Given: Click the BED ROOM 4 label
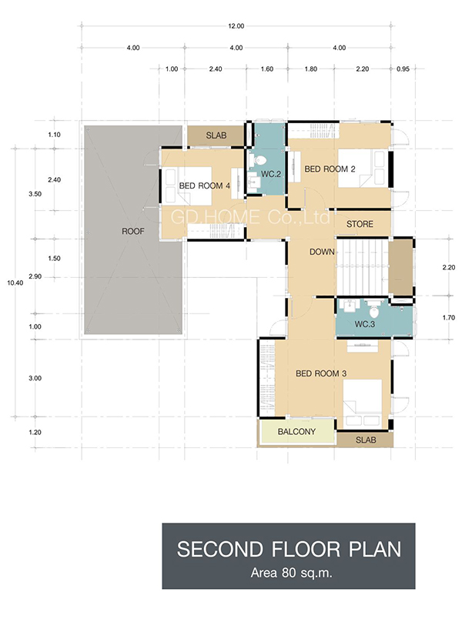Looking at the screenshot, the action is pyautogui.click(x=205, y=186).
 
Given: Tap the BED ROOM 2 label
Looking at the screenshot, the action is pyautogui.click(x=330, y=169).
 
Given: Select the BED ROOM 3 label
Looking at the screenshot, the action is pyautogui.click(x=321, y=373).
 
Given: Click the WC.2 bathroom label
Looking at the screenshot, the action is pyautogui.click(x=271, y=174).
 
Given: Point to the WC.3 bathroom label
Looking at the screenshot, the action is pyautogui.click(x=364, y=323).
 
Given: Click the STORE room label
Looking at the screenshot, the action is pyautogui.click(x=360, y=224).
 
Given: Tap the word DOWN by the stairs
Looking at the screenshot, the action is pyautogui.click(x=322, y=252).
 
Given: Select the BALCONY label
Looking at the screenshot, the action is pyautogui.click(x=296, y=432).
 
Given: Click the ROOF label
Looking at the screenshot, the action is pyautogui.click(x=132, y=231).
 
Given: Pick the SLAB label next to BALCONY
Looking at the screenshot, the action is pyautogui.click(x=366, y=440).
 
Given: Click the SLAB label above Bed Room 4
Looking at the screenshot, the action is pyautogui.click(x=216, y=136).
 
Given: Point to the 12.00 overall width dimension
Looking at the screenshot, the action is pyautogui.click(x=236, y=26).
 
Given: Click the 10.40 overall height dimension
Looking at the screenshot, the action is pyautogui.click(x=15, y=283).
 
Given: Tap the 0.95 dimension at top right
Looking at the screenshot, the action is pyautogui.click(x=403, y=69).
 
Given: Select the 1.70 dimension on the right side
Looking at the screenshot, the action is pyautogui.click(x=449, y=318).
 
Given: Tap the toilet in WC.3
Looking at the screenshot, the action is pyautogui.click(x=373, y=309).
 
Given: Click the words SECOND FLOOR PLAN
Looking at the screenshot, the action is pyautogui.click(x=290, y=549).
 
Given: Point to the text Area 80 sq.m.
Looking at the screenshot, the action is pyautogui.click(x=292, y=573).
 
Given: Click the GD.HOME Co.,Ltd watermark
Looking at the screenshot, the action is pyautogui.click(x=250, y=217).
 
